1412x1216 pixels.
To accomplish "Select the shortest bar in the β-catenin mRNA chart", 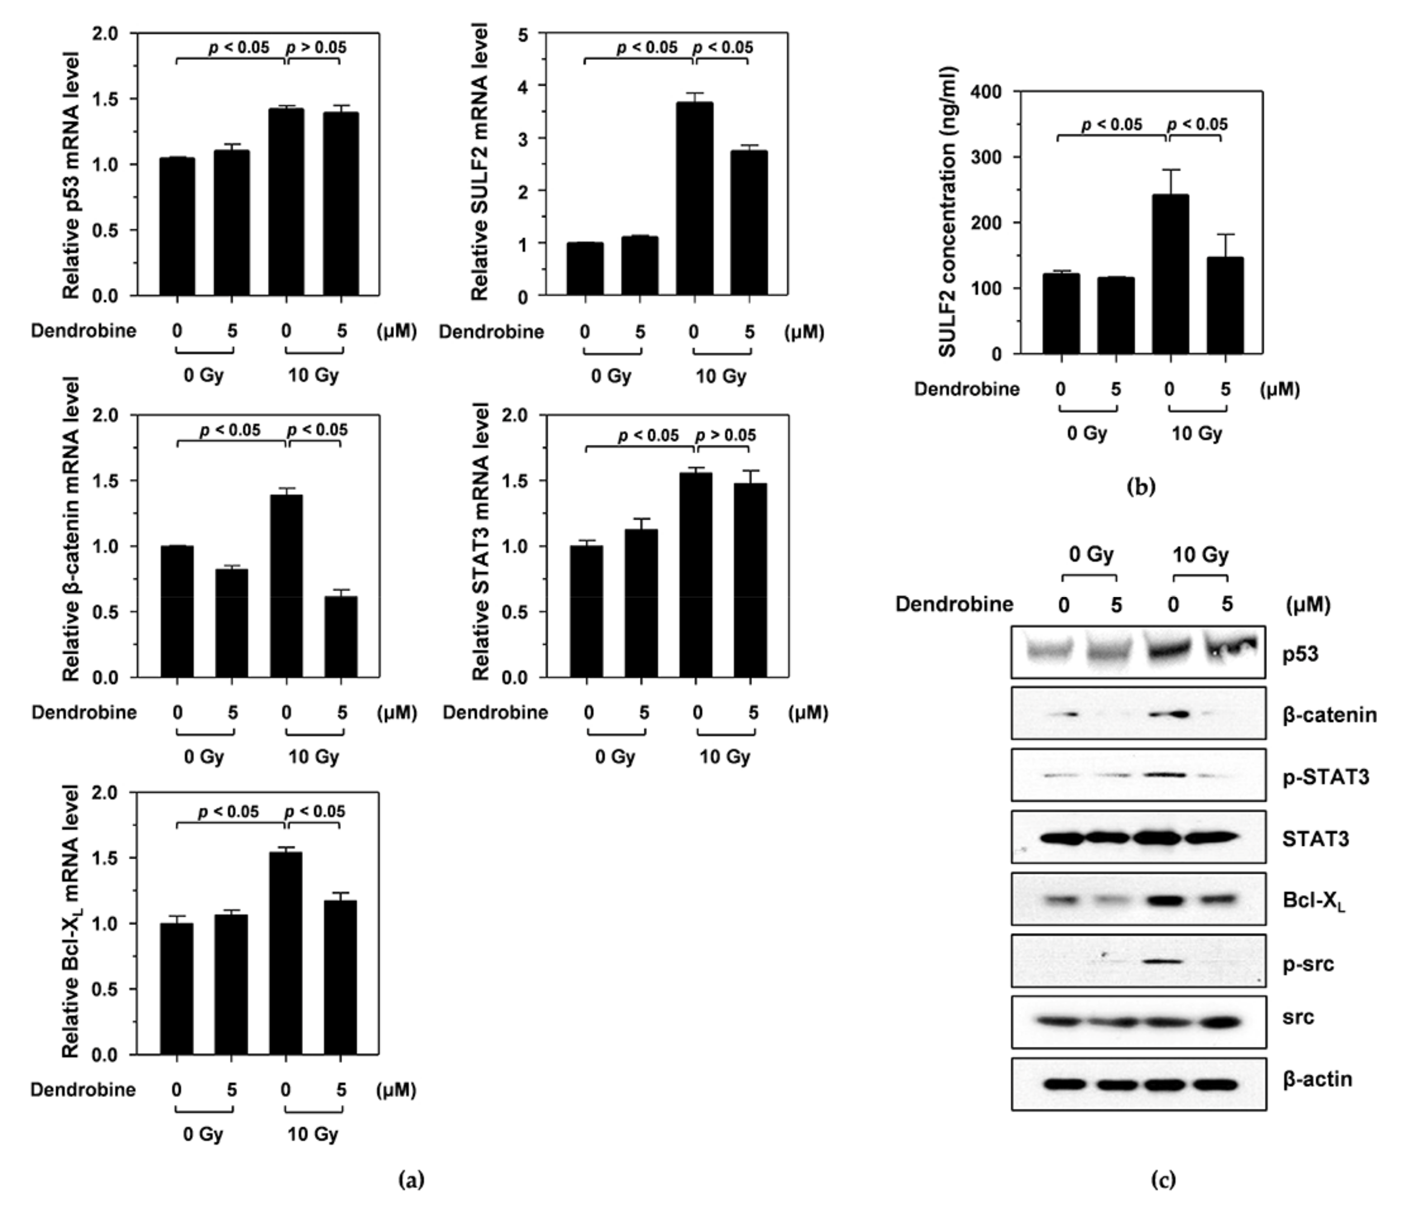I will (x=341, y=637).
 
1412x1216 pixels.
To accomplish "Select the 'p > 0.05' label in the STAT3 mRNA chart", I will (x=725, y=435).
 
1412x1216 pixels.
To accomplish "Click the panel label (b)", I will (x=1141, y=486).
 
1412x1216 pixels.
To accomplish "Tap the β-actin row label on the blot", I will (x=1317, y=1079).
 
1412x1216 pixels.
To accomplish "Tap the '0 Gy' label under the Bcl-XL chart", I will (x=203, y=1134).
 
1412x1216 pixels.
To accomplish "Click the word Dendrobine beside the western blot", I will (x=954, y=604).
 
